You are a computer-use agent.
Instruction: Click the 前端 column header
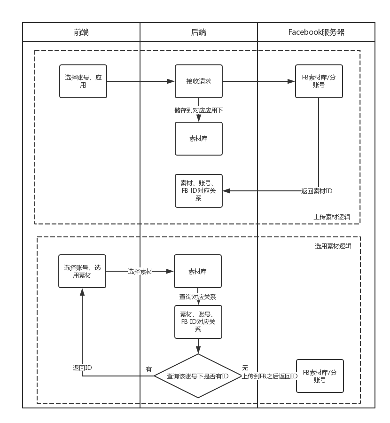pyautogui.click(x=81, y=32)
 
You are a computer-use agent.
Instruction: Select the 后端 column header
pyautogui.click(x=199, y=32)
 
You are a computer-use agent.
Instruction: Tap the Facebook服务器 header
pyautogui.click(x=316, y=32)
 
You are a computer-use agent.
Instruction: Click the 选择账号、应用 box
pyautogui.click(x=83, y=81)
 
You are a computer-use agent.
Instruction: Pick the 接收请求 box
pyautogui.click(x=199, y=81)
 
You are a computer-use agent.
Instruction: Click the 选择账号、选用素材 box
pyautogui.click(x=82, y=271)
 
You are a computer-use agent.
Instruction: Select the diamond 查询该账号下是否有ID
pyautogui.click(x=198, y=376)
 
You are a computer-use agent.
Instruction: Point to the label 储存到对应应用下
pyautogui.click(x=199, y=110)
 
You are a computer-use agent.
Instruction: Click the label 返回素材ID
pyautogui.click(x=317, y=191)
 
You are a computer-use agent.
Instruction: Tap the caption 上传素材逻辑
pyautogui.click(x=332, y=217)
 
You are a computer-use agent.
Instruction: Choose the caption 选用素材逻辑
pyautogui.click(x=333, y=246)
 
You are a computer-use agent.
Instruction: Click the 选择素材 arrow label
pyautogui.click(x=140, y=271)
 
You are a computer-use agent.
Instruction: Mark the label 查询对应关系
pyautogui.click(x=198, y=297)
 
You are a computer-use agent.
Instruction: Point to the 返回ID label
pyautogui.click(x=82, y=368)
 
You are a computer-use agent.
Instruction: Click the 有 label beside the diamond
pyautogui.click(x=149, y=369)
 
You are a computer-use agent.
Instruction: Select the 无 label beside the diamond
pyautogui.click(x=245, y=368)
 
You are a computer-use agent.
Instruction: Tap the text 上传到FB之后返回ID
pyautogui.click(x=269, y=376)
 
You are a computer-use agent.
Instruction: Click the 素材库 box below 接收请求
pyautogui.click(x=199, y=139)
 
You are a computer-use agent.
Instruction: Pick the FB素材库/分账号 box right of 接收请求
pyautogui.click(x=319, y=81)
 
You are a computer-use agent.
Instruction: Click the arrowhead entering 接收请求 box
pyautogui.click(x=172, y=81)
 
